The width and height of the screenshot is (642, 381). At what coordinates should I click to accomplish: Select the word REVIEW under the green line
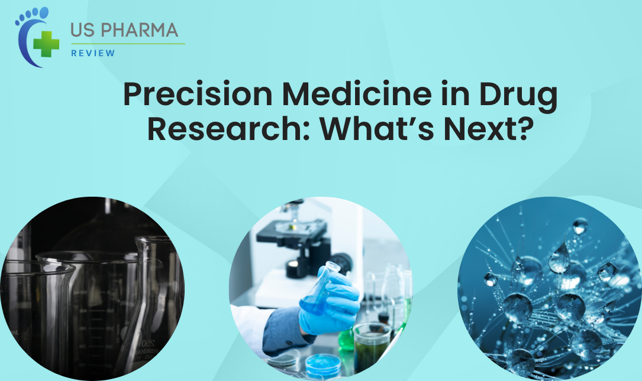(93, 53)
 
